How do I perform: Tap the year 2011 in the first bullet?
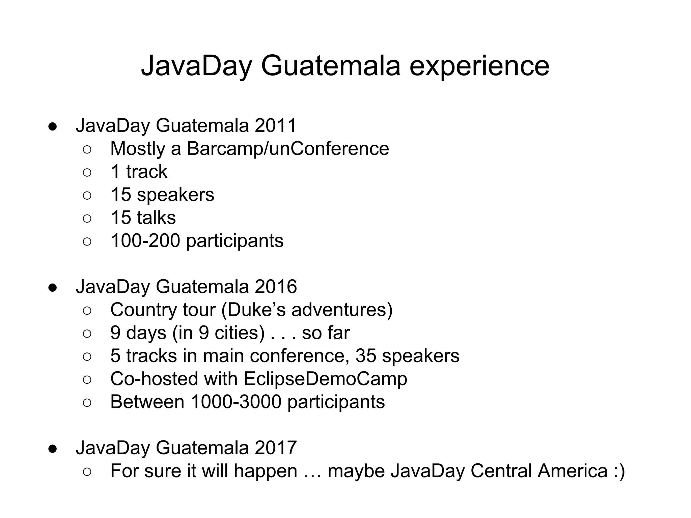[276, 125]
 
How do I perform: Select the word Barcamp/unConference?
[288, 149]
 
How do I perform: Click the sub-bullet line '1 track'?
[139, 172]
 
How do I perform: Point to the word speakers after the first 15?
[175, 195]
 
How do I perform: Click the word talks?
[156, 218]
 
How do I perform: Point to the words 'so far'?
[326, 333]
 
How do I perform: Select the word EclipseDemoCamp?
[325, 379]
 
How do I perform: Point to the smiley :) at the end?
[617, 471]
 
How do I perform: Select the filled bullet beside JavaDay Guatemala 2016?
[52, 287]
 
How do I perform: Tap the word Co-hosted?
[154, 379]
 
